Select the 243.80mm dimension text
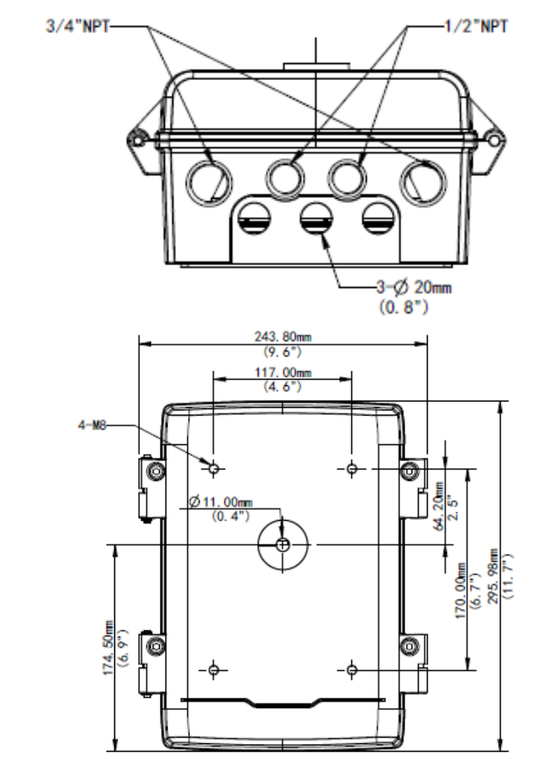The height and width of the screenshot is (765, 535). click(x=283, y=336)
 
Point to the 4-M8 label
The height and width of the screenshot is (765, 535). click(x=92, y=425)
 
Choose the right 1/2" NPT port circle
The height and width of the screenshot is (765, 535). click(x=347, y=177)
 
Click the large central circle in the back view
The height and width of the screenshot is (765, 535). click(x=283, y=545)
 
